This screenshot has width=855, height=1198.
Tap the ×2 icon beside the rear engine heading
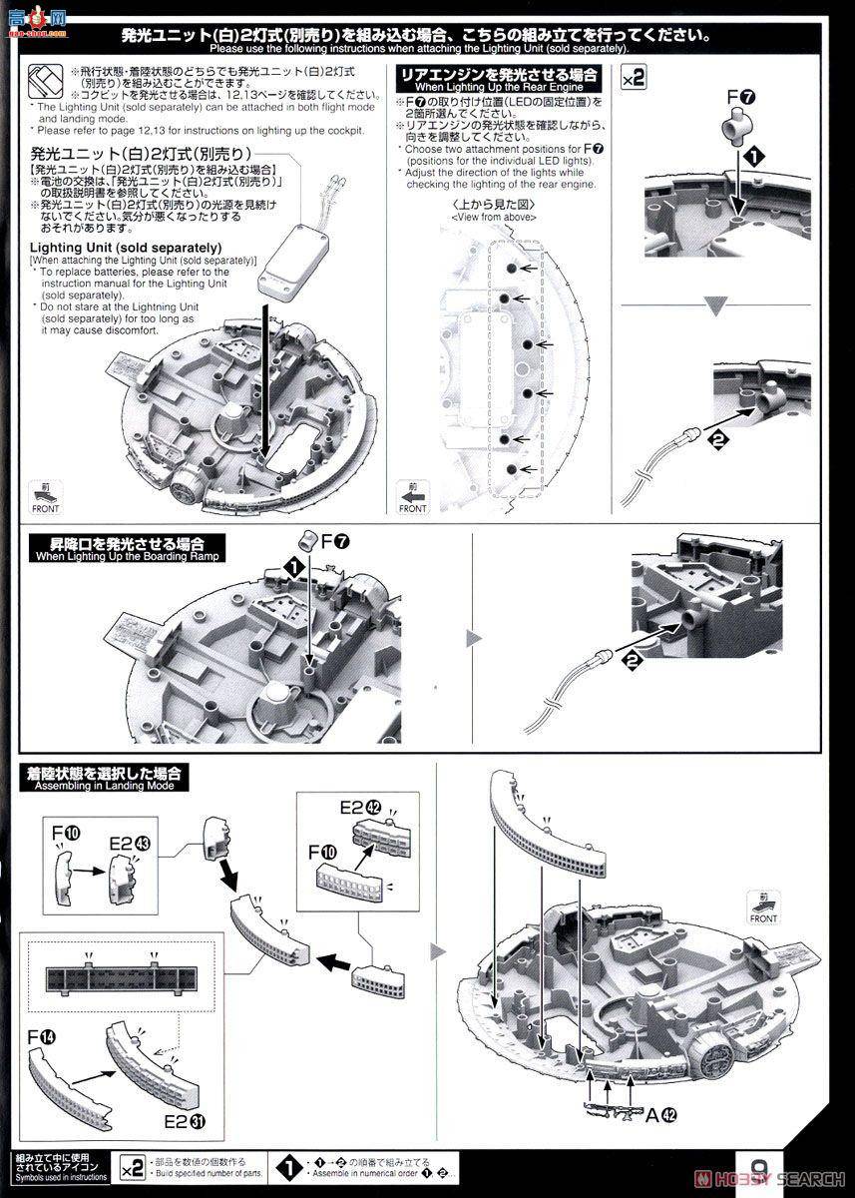pyautogui.click(x=634, y=78)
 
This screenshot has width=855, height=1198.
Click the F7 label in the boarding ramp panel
pyautogui.click(x=330, y=541)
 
